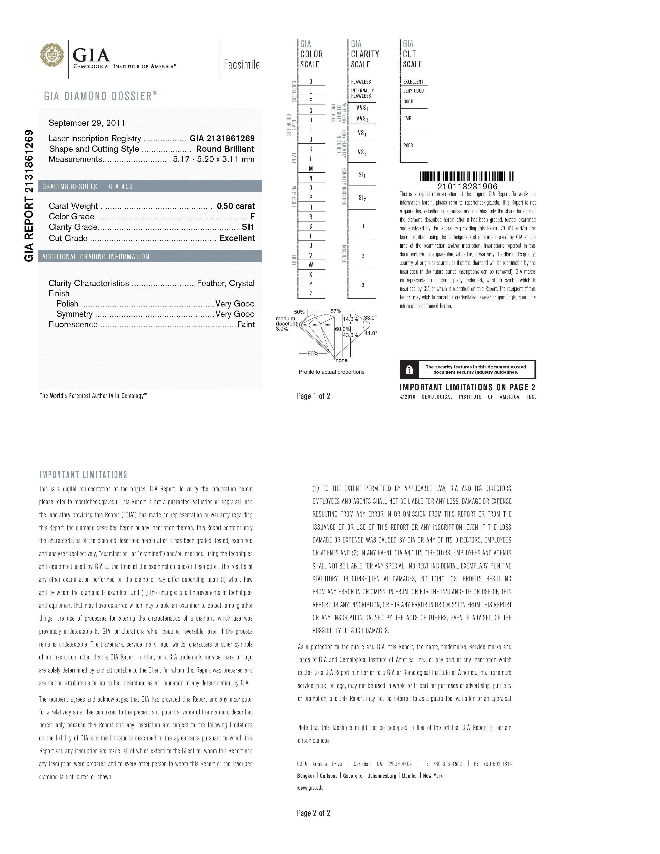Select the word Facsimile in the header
242,65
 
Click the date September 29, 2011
87,123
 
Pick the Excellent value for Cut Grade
237,238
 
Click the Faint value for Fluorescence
246,325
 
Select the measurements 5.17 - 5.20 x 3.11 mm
213,159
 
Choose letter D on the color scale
311,82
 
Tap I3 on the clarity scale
362,284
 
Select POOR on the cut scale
408,146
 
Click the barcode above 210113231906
467,176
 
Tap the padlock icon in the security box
409,370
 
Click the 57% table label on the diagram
335,311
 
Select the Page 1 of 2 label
314,396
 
